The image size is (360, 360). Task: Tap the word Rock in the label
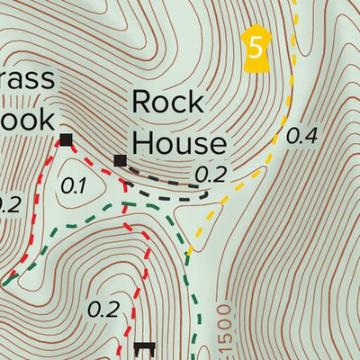click(167, 103)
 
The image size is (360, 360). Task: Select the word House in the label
click(179, 142)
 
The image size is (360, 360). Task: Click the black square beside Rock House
click(121, 160)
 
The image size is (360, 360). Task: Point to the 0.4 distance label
click(301, 137)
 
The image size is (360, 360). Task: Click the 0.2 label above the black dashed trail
click(210, 174)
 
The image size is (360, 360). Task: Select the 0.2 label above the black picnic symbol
click(104, 310)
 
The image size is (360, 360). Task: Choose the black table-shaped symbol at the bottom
click(144, 347)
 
